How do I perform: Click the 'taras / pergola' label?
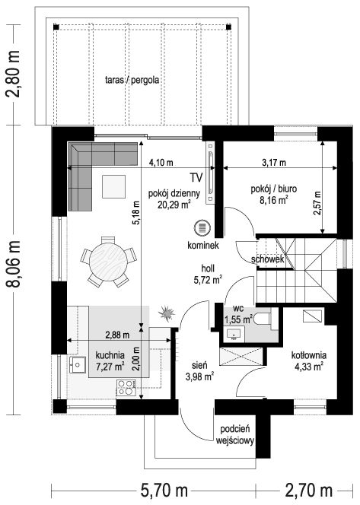point(132,80)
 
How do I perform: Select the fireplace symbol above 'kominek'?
point(202,228)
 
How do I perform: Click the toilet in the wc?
point(262,319)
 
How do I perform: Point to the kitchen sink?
point(77,364)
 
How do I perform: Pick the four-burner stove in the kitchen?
point(126,387)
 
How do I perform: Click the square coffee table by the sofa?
point(113,186)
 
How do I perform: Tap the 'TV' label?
point(196,177)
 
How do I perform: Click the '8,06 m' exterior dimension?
point(14,263)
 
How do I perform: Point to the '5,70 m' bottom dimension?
point(164,491)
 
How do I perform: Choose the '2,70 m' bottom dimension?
point(308,491)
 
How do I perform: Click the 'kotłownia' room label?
point(309,355)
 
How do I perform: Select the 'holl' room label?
point(208,268)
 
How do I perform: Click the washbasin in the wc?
point(234,333)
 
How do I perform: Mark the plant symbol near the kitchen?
point(167,313)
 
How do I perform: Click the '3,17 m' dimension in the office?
point(274,163)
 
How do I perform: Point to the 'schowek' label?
point(267,259)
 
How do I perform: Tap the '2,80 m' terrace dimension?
point(14,74)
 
